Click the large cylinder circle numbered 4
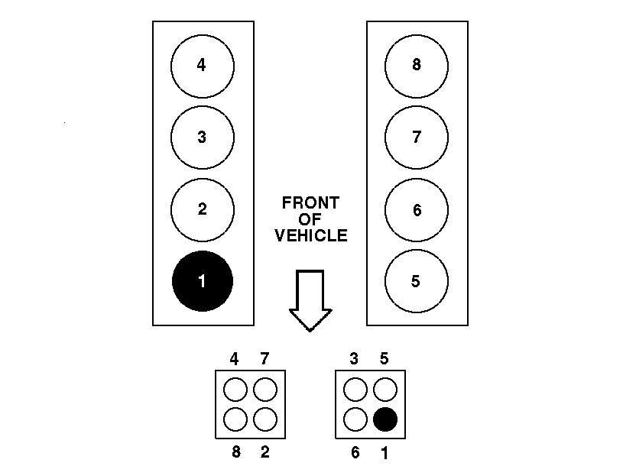[203, 66]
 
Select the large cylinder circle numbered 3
[203, 138]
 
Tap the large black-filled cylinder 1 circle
[203, 281]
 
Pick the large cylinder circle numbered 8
[417, 66]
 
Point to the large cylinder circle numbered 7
[417, 138]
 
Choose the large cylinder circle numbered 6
[417, 210]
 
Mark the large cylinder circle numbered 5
[417, 281]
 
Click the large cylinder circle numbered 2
[203, 210]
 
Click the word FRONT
[310, 203]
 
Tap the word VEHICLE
[310, 236]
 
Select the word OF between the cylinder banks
[310, 220]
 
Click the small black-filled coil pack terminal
[385, 419]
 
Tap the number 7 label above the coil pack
[264, 359]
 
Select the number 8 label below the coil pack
[235, 452]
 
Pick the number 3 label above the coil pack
[355, 359]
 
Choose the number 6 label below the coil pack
[355, 452]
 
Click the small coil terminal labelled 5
[385, 390]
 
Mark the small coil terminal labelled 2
[264, 419]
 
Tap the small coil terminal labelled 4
[235, 390]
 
